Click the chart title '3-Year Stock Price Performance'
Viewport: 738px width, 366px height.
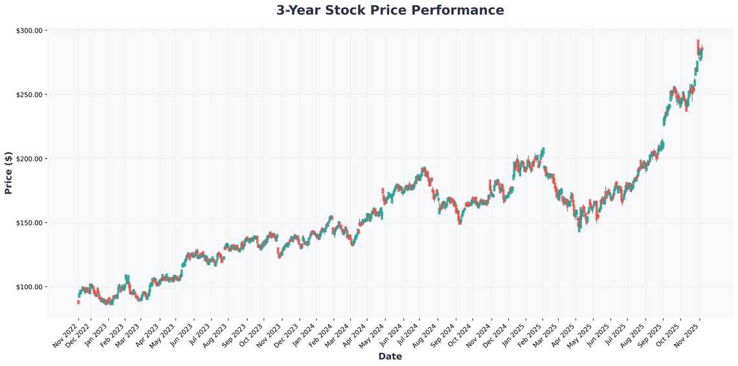pos(390,10)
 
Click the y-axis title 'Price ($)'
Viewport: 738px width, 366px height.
pos(8,173)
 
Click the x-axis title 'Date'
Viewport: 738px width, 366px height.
pos(390,356)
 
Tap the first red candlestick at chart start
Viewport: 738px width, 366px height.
pos(78,301)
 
